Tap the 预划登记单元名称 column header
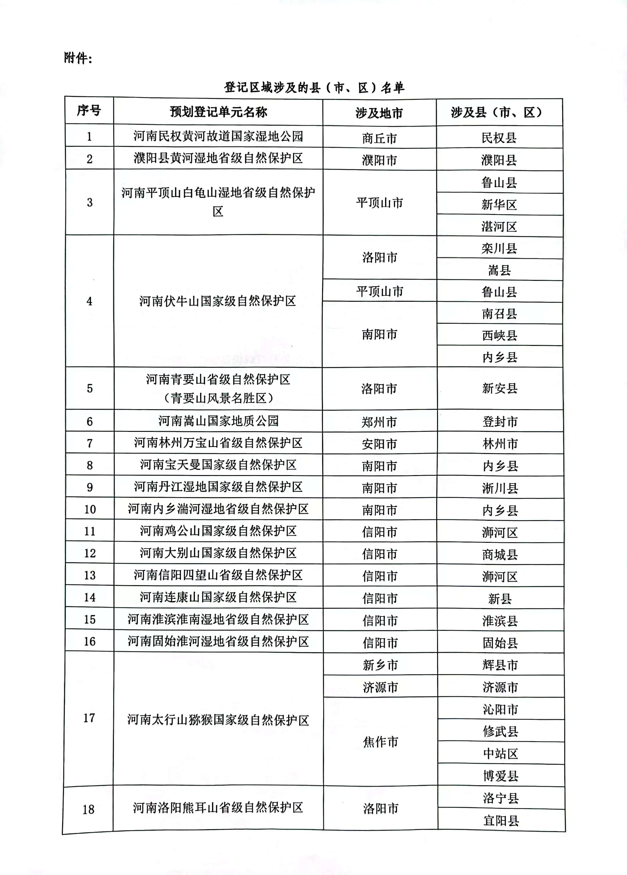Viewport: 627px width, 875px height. click(218, 112)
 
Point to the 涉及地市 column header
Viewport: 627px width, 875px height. click(379, 113)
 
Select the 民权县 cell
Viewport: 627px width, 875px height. click(499, 138)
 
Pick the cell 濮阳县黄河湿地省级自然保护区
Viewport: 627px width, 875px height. click(218, 158)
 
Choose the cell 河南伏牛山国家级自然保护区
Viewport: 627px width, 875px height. click(218, 301)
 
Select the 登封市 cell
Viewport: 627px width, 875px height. click(500, 422)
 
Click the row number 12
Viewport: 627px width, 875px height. click(89, 553)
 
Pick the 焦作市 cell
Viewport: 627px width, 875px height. click(380, 741)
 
